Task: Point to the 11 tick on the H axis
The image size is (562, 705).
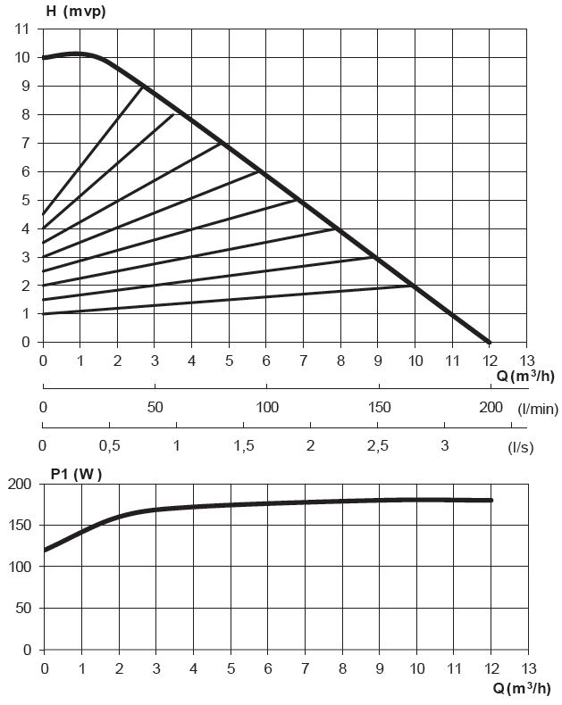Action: [23, 29]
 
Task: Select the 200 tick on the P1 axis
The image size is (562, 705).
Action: [20, 484]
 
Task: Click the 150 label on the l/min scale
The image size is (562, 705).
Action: [379, 407]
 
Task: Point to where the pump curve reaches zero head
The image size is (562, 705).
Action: [489, 342]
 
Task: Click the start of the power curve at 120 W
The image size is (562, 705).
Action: [44, 550]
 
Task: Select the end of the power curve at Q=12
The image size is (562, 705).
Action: [491, 500]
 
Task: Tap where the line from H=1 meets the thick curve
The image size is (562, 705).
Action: [415, 286]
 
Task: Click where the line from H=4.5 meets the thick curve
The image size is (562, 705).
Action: [144, 86]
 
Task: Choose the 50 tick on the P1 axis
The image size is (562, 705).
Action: [23, 608]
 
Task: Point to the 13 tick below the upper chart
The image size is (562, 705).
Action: [526, 360]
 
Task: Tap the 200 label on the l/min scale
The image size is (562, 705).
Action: [491, 407]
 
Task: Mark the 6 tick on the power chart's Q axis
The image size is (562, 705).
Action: [267, 668]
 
